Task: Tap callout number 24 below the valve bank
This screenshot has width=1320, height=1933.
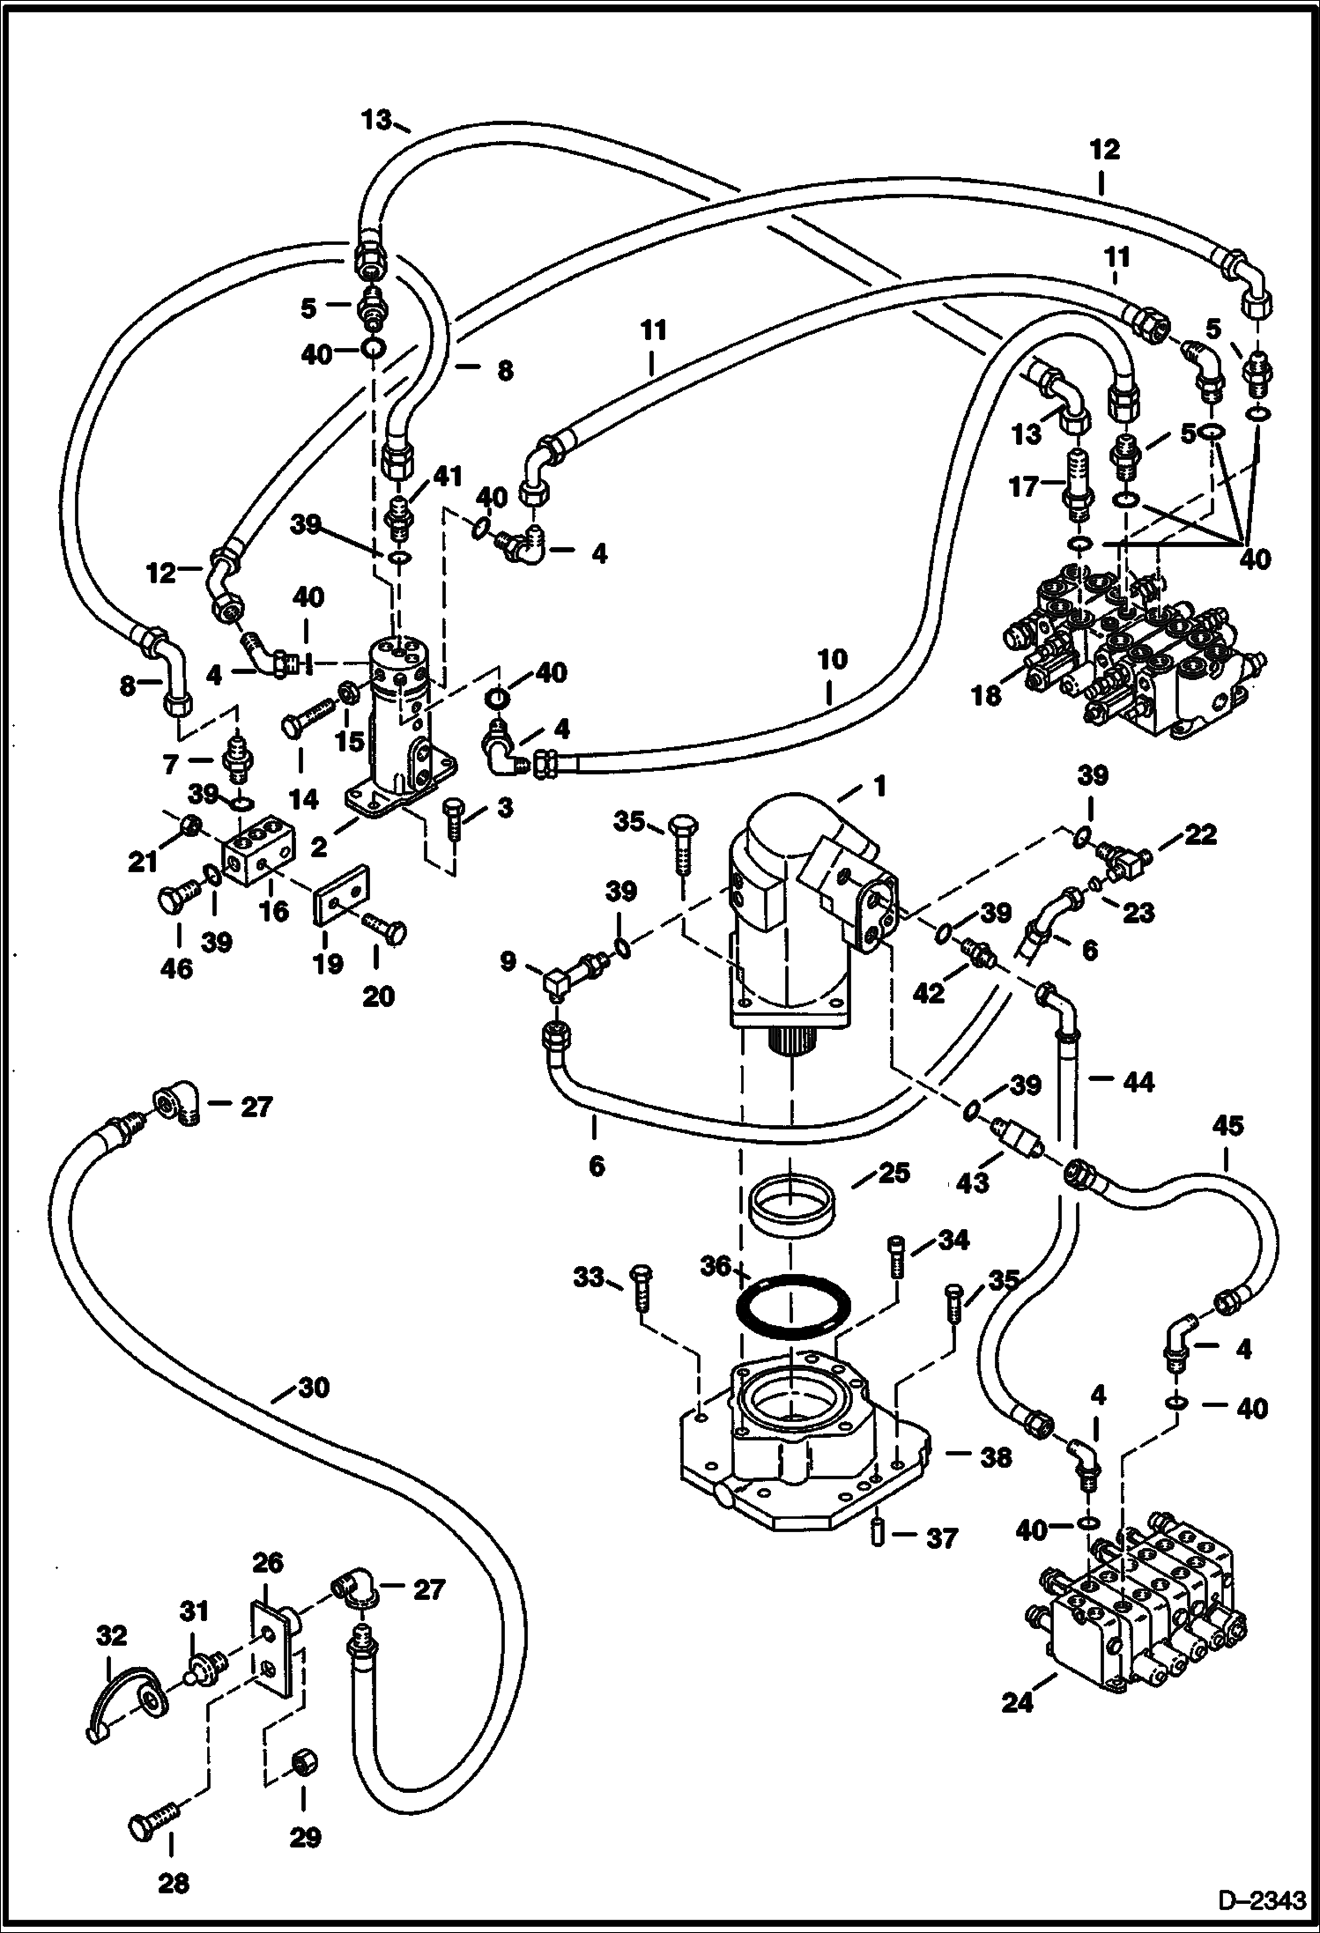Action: click(x=1017, y=1729)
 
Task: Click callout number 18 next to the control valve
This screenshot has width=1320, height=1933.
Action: click(x=987, y=695)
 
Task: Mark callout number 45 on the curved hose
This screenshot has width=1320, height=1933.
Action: click(x=1228, y=1125)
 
